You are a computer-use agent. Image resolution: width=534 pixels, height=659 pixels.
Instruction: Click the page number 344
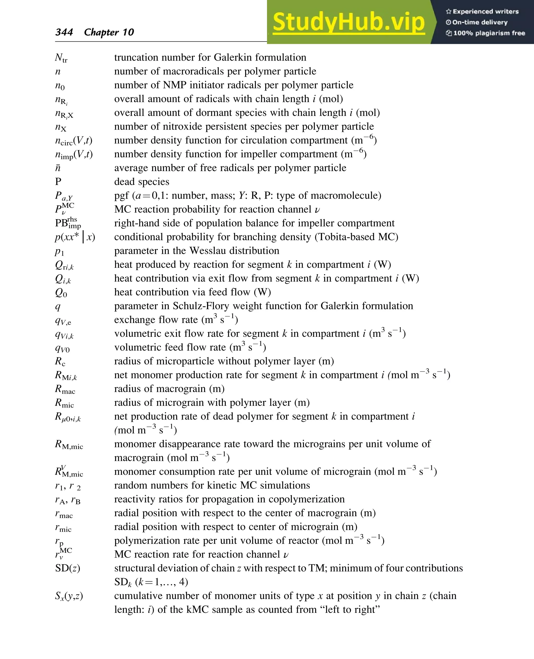coord(64,32)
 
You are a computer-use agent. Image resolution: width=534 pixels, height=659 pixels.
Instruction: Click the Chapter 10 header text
coord(109,32)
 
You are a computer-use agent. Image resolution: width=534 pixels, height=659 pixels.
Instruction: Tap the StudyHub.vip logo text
coord(349,22)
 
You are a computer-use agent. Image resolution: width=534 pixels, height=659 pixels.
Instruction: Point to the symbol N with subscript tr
coord(61,58)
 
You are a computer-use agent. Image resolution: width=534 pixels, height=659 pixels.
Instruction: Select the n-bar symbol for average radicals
coord(58,168)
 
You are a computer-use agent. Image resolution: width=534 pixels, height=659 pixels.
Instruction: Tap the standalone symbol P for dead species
coord(58,182)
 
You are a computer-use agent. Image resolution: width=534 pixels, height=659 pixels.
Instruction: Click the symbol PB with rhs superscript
coord(68,223)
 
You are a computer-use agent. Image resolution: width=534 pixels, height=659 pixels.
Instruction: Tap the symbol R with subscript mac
coord(65,389)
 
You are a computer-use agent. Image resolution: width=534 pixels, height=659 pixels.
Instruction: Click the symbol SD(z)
coord(67,568)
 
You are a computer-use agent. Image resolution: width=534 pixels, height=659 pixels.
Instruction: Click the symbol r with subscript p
coord(59,541)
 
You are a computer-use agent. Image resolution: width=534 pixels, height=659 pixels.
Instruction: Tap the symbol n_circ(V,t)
coord(74,141)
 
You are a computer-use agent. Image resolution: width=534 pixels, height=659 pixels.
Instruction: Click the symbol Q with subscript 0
coord(61,292)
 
